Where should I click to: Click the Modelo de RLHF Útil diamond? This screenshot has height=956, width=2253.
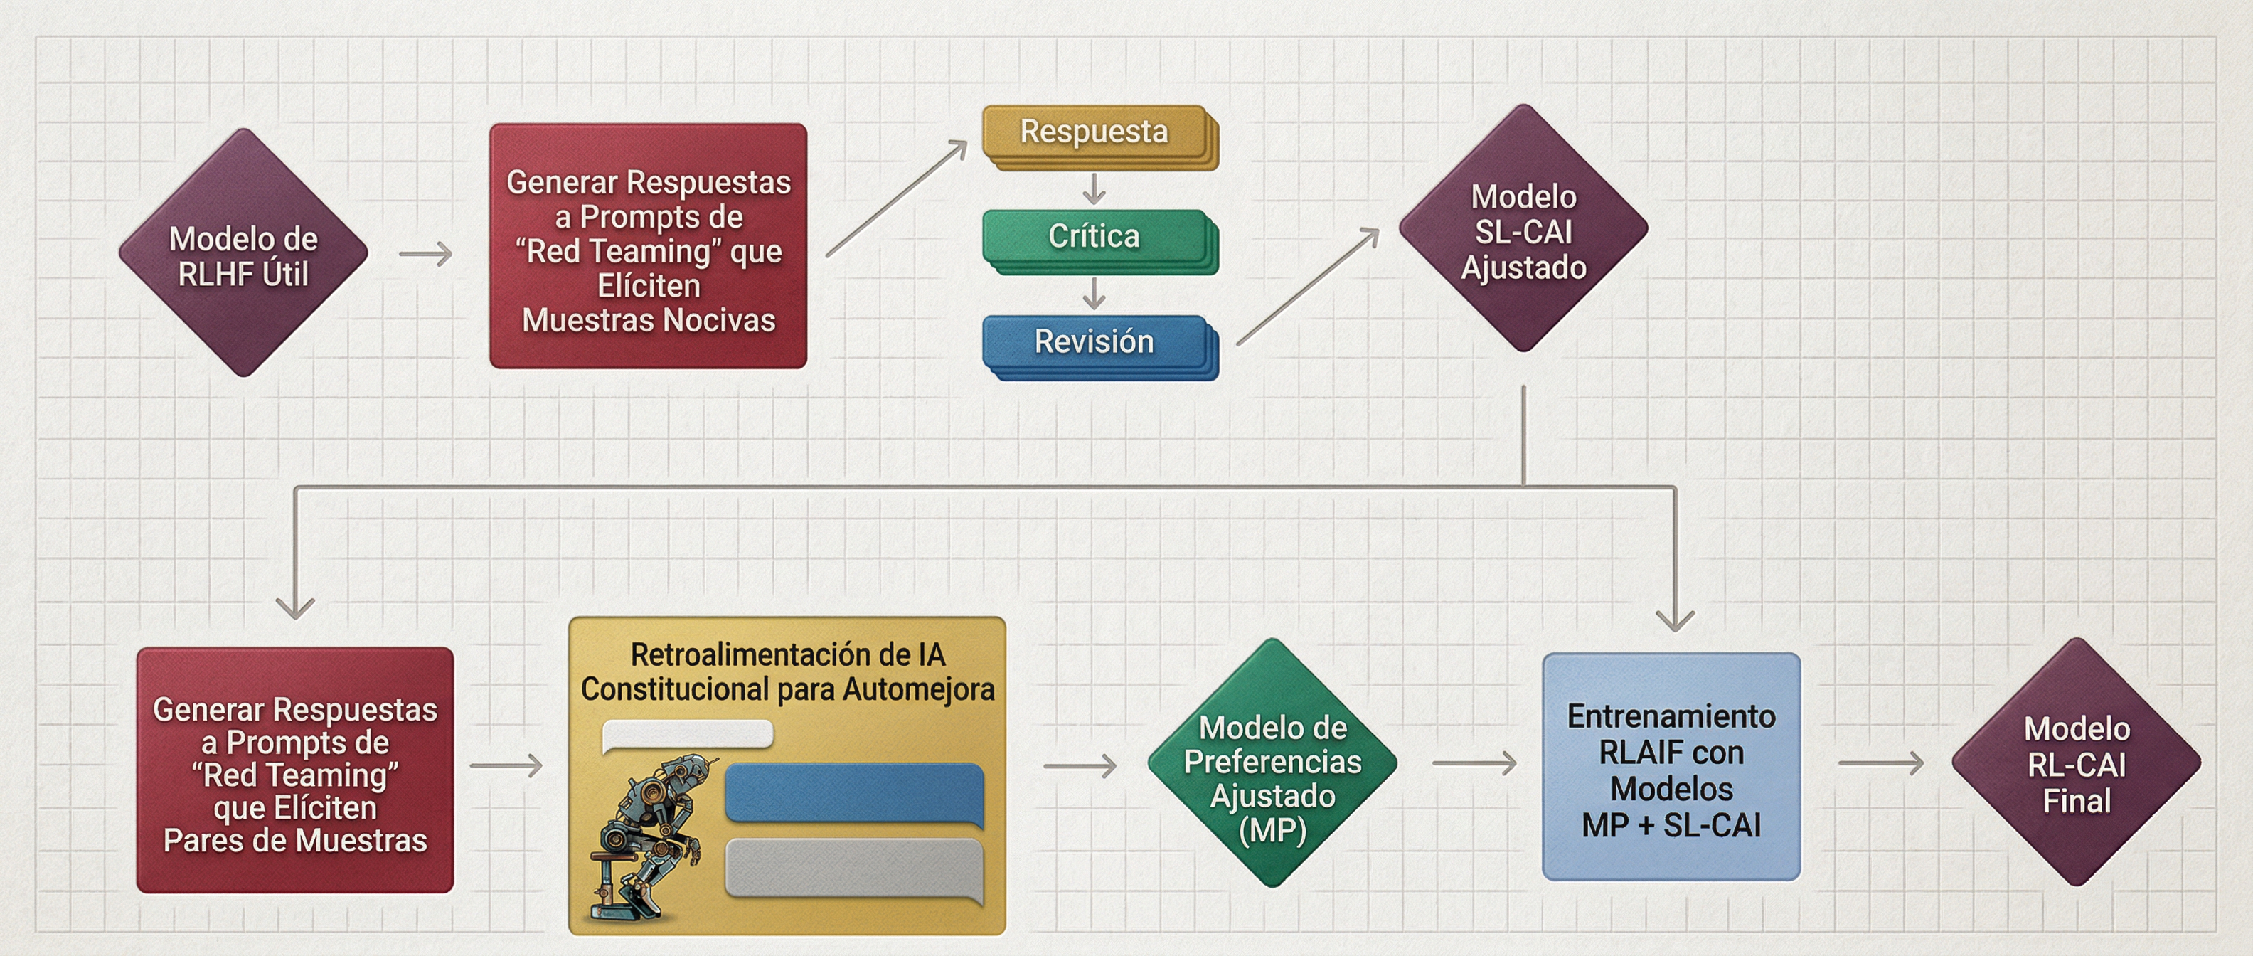point(243,254)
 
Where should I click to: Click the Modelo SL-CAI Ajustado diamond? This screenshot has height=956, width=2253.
point(1523,229)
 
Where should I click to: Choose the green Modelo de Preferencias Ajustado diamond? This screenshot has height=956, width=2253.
point(1272,763)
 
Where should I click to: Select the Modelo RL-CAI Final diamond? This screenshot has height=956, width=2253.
point(2077,763)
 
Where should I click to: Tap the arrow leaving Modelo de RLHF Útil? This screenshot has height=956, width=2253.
point(426,255)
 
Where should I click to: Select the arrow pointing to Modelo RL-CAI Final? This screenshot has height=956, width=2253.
point(1880,763)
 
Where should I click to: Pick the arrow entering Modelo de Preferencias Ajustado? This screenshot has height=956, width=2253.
point(1080,766)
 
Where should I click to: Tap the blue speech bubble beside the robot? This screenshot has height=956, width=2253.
point(855,792)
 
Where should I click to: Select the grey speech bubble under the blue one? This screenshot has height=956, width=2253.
point(855,868)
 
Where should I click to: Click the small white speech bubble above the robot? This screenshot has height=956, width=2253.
point(688,735)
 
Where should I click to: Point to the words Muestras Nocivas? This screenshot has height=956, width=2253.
point(648,321)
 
